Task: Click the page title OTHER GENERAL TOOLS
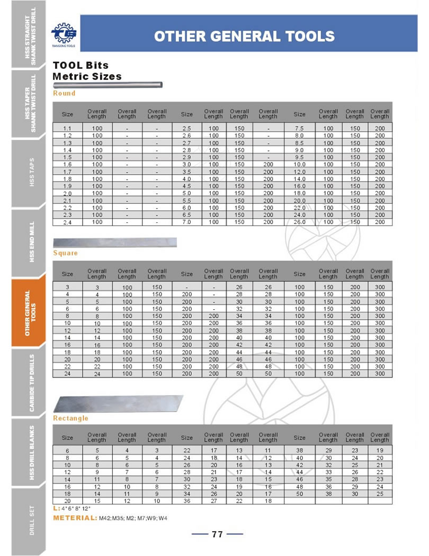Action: [x=244, y=36]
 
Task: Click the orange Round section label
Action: [x=64, y=93]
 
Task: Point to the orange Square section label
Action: [x=65, y=253]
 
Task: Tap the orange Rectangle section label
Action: [x=70, y=418]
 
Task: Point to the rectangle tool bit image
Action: [x=118, y=404]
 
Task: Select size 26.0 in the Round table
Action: [x=299, y=222]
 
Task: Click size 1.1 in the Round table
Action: [x=67, y=129]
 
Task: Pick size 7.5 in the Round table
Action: [x=299, y=129]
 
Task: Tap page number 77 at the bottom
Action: [x=217, y=534]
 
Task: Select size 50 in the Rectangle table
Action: [x=299, y=494]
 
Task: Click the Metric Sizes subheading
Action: [x=87, y=76]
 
